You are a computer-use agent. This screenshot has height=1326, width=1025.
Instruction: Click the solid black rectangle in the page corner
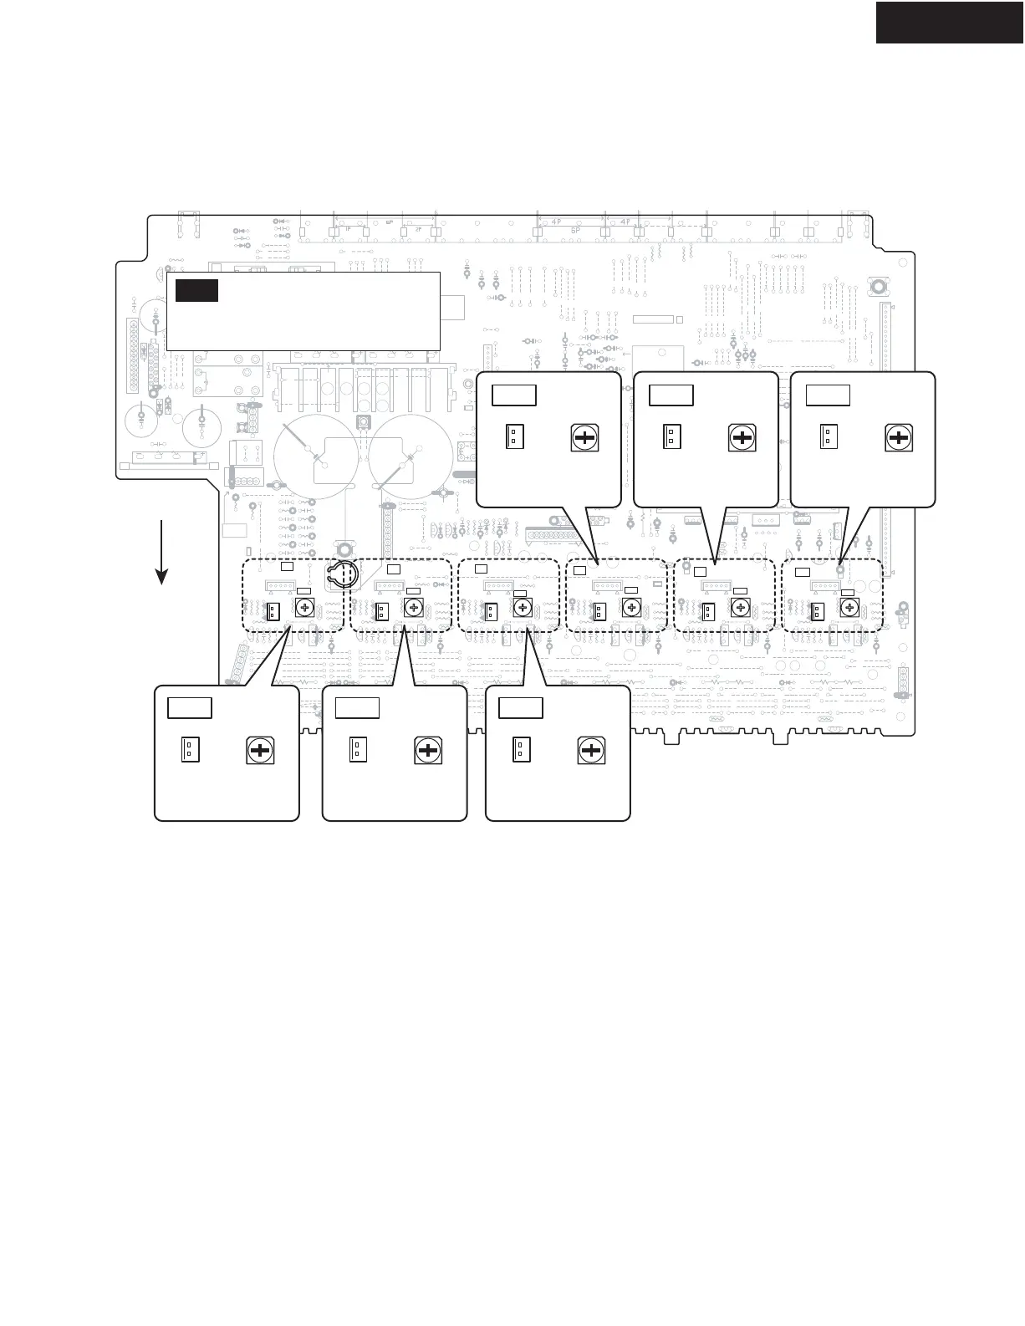(950, 22)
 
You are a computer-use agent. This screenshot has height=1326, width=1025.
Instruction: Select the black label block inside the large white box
(196, 290)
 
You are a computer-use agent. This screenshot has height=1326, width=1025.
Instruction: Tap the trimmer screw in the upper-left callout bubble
(584, 437)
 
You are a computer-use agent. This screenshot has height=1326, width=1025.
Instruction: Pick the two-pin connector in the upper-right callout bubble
(829, 437)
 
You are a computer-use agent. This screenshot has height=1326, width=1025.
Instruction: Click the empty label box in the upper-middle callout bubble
(671, 395)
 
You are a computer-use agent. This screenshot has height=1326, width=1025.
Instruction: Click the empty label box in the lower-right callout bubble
(520, 708)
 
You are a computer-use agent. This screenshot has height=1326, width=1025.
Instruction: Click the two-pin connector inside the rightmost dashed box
(813, 612)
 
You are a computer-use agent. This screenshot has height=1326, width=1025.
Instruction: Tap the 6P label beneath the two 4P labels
(575, 230)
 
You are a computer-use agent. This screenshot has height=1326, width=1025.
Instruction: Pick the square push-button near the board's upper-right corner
(879, 288)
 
